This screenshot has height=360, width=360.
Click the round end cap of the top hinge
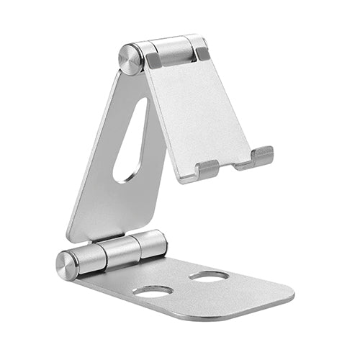point(130,59)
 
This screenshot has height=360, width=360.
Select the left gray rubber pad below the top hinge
point(153,61)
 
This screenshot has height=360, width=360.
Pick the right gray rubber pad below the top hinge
point(203,53)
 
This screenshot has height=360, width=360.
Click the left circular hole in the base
point(153,292)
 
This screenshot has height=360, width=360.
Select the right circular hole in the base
point(210,276)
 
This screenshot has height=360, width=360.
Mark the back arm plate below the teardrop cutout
point(115,209)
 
